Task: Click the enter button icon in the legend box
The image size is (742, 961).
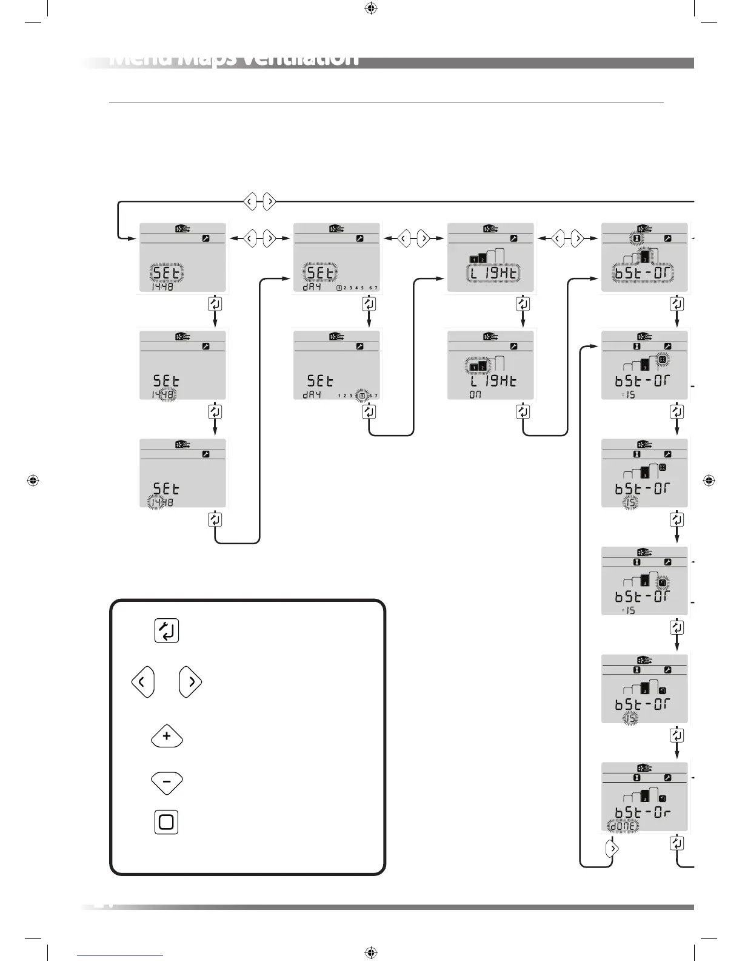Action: coord(167,631)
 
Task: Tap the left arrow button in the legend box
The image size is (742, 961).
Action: coord(142,683)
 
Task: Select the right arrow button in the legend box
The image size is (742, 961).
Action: coord(190,683)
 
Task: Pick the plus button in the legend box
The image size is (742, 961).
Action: coord(167,737)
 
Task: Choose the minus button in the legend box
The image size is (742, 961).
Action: coord(167,781)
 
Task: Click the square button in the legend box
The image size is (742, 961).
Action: coord(166,822)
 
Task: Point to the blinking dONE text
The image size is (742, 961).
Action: coord(623,826)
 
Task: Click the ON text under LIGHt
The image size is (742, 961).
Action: coord(476,395)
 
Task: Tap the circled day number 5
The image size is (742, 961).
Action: coord(362,396)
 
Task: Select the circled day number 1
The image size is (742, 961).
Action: coord(339,288)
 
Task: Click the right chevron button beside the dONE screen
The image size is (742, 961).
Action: coord(612,848)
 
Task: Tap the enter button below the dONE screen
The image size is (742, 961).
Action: coord(677,843)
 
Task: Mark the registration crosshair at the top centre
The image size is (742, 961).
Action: coord(372,8)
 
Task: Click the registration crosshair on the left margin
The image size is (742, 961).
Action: coord(33,480)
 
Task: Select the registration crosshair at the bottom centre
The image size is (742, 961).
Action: coord(372,953)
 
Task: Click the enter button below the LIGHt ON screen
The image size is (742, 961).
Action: coord(523,412)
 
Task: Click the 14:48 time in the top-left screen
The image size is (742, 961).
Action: coord(162,288)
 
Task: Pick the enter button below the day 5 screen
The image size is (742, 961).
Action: coord(369,412)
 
